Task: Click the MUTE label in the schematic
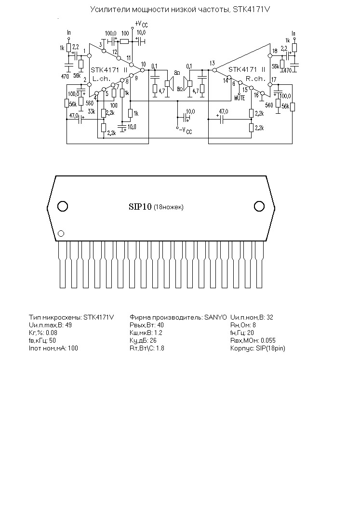(240, 98)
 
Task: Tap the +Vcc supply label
(141, 24)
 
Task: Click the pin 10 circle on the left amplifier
(143, 70)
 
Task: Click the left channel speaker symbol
(170, 83)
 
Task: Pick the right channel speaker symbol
(188, 83)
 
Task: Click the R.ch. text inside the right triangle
(255, 79)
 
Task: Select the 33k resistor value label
(91, 111)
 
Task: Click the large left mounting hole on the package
(63, 206)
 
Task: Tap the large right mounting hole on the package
(259, 206)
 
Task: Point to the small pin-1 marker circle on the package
(61, 233)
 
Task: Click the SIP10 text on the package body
(140, 207)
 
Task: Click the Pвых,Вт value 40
(160, 325)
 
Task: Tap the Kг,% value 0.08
(51, 333)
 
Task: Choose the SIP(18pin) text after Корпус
(270, 348)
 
